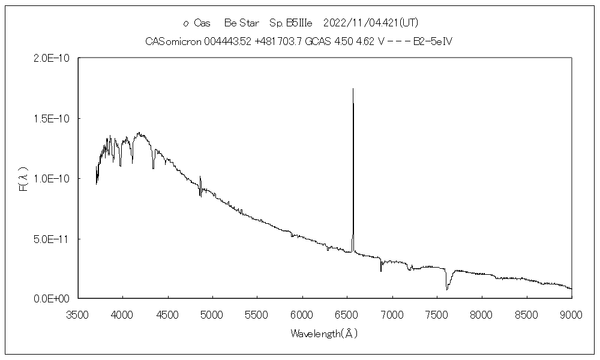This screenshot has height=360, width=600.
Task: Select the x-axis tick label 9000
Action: pyautogui.click(x=571, y=314)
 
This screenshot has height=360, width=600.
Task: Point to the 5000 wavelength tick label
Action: pyautogui.click(x=212, y=314)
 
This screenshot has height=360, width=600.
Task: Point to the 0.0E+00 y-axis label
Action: pyautogui.click(x=53, y=298)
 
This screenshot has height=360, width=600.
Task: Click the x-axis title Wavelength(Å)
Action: pyautogui.click(x=325, y=334)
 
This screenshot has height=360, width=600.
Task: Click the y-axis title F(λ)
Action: pyautogui.click(x=25, y=179)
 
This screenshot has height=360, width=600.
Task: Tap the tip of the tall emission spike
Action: pyautogui.click(x=353, y=89)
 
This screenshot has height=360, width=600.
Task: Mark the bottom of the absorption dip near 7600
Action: pyautogui.click(x=447, y=290)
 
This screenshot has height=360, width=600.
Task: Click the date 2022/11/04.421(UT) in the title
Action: pyautogui.click(x=370, y=23)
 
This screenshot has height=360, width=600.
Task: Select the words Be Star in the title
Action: pyautogui.click(x=241, y=23)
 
